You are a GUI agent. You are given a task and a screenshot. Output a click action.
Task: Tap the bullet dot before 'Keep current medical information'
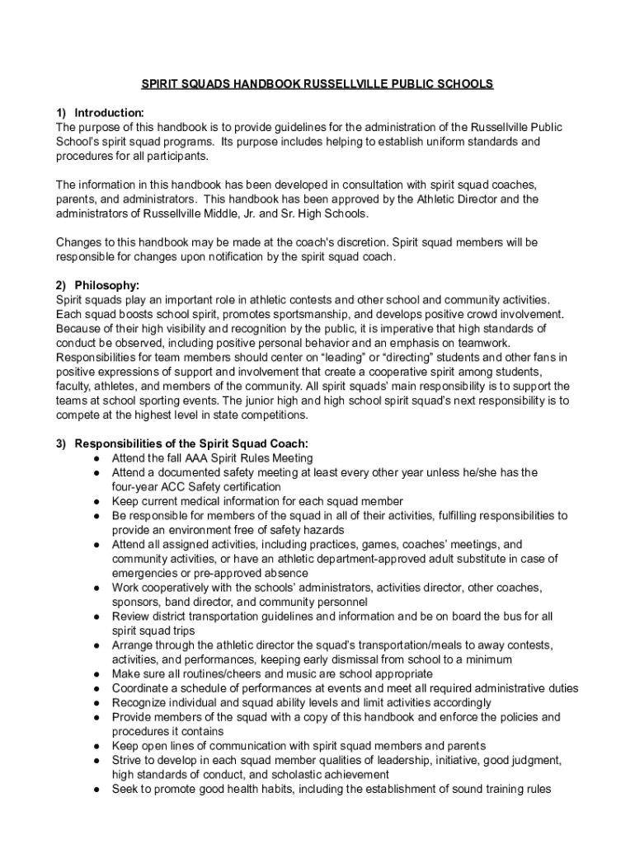tap(97, 501)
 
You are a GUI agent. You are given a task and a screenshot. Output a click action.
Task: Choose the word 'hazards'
tap(324, 530)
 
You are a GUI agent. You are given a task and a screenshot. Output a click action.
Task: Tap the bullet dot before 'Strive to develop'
tap(97, 761)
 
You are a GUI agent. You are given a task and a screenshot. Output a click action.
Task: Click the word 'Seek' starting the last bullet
tap(125, 790)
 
